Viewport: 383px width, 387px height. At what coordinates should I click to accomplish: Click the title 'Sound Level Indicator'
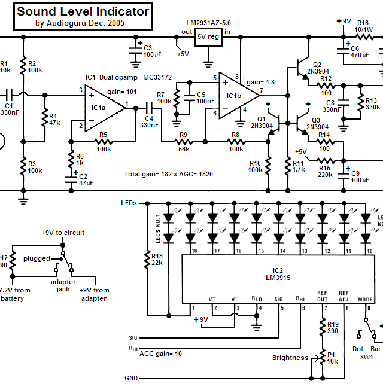click(x=83, y=11)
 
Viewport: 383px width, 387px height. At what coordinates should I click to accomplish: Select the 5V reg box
click(x=208, y=37)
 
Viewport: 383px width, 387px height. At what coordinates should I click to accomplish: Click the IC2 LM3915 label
click(x=278, y=274)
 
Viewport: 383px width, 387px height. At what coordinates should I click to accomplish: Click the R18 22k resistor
click(x=147, y=258)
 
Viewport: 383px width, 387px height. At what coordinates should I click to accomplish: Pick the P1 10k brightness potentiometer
click(x=323, y=358)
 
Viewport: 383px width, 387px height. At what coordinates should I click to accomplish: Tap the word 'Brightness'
click(x=290, y=358)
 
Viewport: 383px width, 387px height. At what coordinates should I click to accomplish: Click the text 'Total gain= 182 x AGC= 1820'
click(x=169, y=174)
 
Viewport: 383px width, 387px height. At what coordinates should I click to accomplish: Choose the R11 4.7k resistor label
click(x=299, y=166)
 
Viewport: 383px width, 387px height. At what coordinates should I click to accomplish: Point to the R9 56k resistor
click(x=183, y=142)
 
